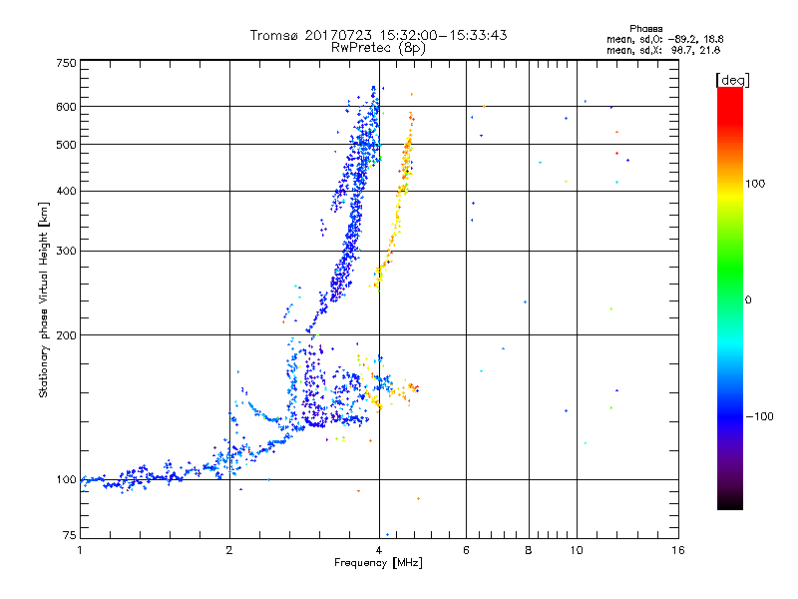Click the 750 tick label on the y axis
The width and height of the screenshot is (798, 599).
point(66,62)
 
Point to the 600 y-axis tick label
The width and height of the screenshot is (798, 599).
point(66,107)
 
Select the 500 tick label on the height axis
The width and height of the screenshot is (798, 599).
point(66,145)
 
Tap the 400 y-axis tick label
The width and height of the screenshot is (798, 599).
point(66,191)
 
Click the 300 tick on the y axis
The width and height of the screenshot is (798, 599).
point(66,251)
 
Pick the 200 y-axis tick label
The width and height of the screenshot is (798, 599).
point(66,334)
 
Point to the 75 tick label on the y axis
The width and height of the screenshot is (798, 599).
point(69,536)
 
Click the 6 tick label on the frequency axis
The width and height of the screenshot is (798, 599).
point(466,550)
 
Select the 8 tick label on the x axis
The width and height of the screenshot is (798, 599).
point(529,550)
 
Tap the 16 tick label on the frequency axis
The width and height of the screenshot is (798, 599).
point(678,550)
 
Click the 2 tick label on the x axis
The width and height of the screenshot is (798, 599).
point(229,550)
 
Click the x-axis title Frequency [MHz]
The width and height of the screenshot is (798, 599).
point(379,564)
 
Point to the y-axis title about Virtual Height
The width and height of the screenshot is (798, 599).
point(44,299)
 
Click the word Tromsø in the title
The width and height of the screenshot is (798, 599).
point(271,35)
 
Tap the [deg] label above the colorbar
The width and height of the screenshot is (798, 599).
point(733,79)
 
